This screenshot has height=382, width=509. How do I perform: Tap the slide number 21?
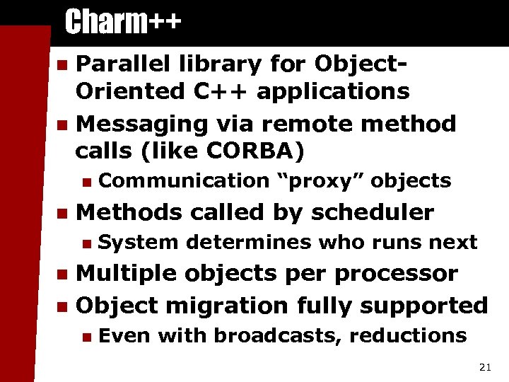click(x=485, y=366)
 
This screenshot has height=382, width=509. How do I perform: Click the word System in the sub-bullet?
click(x=139, y=242)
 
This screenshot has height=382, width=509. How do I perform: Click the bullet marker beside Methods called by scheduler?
click(x=63, y=212)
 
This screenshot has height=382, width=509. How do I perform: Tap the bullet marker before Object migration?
click(x=63, y=306)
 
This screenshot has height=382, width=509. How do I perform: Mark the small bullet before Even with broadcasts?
click(x=86, y=336)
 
